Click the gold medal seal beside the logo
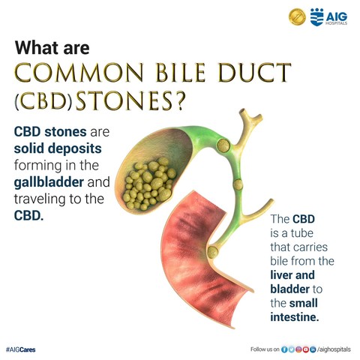pos(297,17)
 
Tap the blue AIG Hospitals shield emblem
pos(316,17)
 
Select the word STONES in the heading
pos(124,100)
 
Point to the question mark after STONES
pos(179,100)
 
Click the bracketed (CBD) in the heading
pos(43,101)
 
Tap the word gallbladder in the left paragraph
pos(49,182)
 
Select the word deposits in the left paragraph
pos(75,149)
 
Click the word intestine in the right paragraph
pos(295,317)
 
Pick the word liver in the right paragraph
pos(280,275)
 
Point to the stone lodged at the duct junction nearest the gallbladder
pos(223,145)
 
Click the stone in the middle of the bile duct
pos(238,184)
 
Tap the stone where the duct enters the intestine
pos(212,252)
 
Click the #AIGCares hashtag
pos(20,349)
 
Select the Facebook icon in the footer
pos(284,349)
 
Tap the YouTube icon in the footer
pos(305,349)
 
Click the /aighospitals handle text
pos(334,349)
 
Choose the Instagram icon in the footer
pos(298,349)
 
